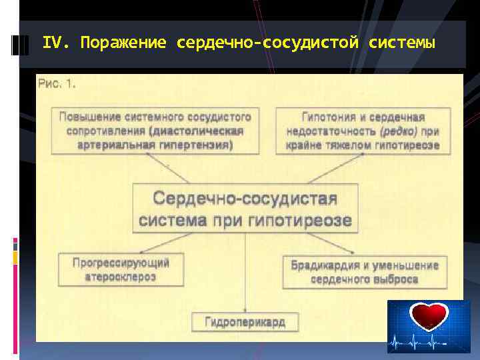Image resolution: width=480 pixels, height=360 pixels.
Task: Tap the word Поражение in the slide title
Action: tap(123, 43)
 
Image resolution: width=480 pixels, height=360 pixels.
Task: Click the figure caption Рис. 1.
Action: tap(57, 84)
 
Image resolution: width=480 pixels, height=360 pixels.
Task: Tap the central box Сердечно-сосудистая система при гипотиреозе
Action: tap(245, 209)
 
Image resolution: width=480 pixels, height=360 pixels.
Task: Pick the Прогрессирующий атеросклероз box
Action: tap(121, 269)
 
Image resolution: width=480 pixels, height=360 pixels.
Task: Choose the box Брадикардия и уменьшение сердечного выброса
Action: tap(365, 272)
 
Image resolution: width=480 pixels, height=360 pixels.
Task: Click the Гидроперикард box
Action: tap(245, 322)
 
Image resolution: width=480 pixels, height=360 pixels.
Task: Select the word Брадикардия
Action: tap(321, 265)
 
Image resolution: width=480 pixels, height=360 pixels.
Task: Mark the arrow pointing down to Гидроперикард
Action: tap(245, 273)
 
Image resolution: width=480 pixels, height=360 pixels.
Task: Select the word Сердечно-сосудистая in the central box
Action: tap(245, 198)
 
